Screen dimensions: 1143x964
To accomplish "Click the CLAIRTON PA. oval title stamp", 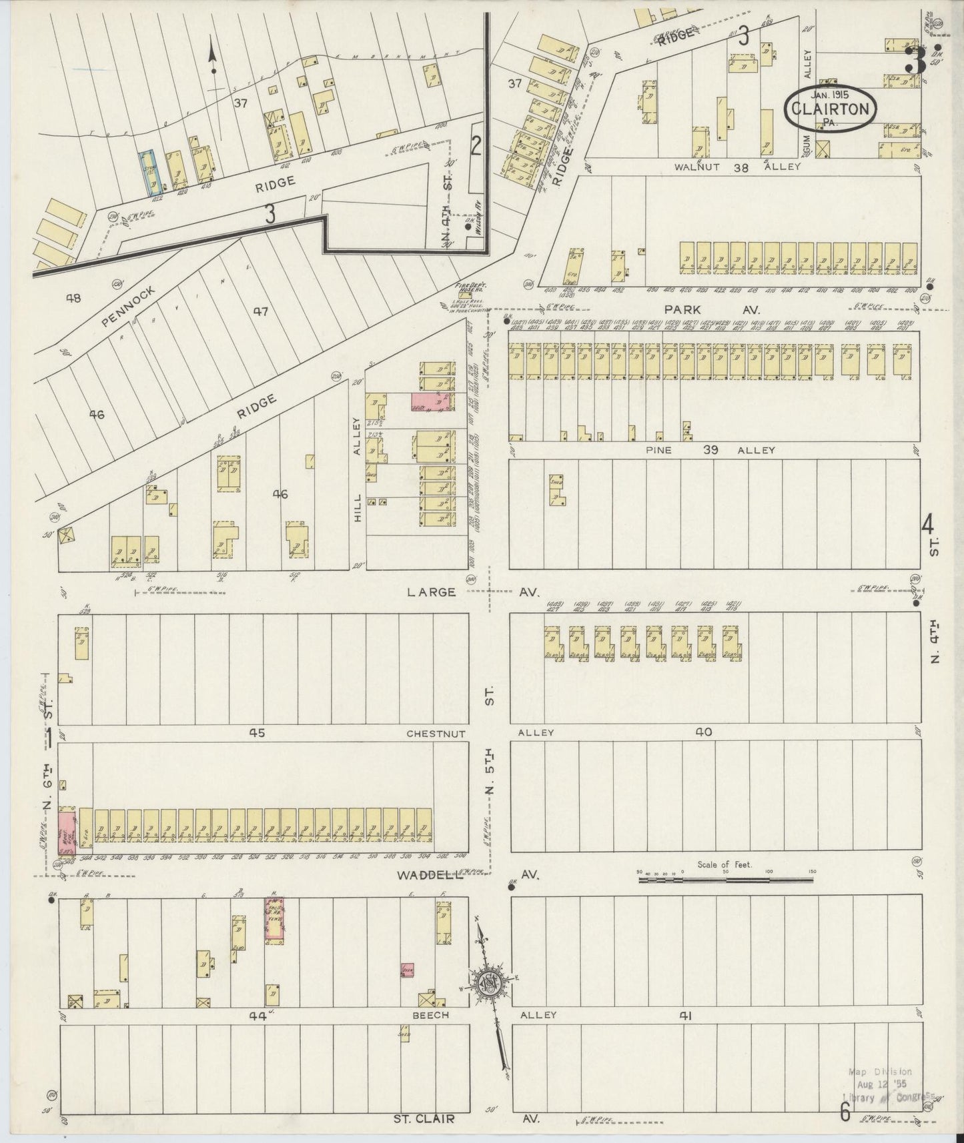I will [830, 109].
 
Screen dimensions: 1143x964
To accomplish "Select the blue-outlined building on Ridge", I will [147, 173].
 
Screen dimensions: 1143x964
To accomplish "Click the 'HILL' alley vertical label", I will [358, 507].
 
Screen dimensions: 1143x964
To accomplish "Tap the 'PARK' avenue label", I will [682, 309].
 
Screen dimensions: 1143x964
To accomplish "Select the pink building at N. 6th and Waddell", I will [66, 832].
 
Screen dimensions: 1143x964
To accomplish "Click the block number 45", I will [257, 733].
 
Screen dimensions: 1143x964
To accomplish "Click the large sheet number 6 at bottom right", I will [845, 1112].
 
